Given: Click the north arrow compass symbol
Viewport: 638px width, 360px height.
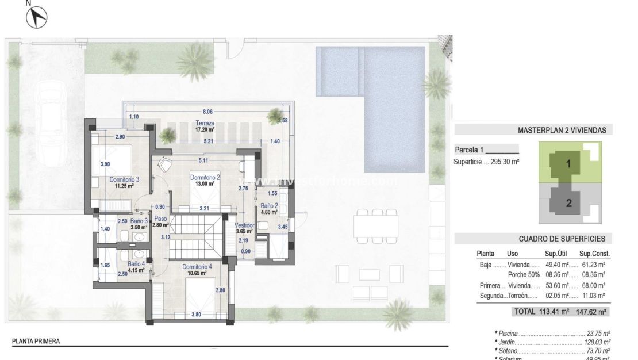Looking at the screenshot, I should pos(36,17).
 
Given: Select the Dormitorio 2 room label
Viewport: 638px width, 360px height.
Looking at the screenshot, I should pos(205,178).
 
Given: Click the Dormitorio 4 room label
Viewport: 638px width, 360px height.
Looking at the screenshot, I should pos(197,267).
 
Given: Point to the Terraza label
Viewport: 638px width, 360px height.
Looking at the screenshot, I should pos(205,123).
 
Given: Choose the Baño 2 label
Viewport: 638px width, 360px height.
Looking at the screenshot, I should pos(268,205).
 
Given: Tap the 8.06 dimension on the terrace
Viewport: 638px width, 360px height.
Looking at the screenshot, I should pos(207,112).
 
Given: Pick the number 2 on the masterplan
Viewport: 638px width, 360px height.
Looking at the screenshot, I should pos(568,202).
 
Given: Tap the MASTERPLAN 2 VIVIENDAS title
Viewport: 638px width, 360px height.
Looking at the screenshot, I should pos(562,131).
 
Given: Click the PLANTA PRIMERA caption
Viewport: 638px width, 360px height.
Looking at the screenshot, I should pos(36,341).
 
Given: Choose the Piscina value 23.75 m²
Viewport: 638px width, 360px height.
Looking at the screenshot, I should pos(598,333).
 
